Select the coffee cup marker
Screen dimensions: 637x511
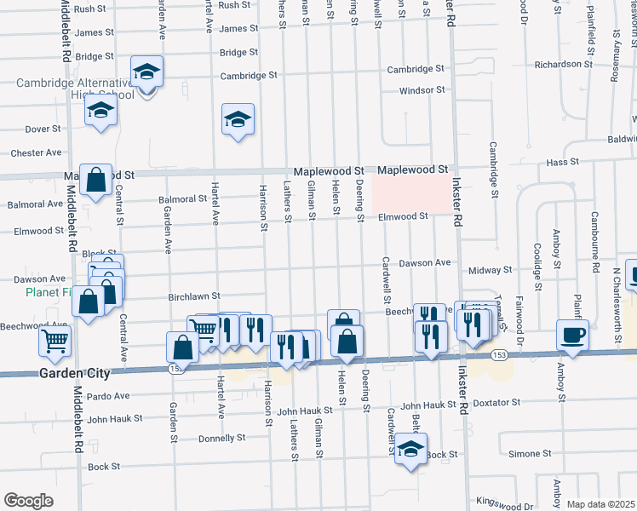pyautogui.click(x=571, y=335)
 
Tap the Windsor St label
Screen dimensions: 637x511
pyautogui.click(x=422, y=89)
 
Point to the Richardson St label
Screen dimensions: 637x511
pyautogui.click(x=563, y=64)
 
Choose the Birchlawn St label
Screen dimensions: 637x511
pyautogui.click(x=194, y=296)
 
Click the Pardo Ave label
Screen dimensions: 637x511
pyautogui.click(x=107, y=396)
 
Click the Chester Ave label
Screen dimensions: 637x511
pyautogui.click(x=36, y=153)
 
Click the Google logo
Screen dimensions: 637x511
pyautogui.click(x=28, y=501)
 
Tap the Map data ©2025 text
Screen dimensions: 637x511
pyautogui.click(x=600, y=504)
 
